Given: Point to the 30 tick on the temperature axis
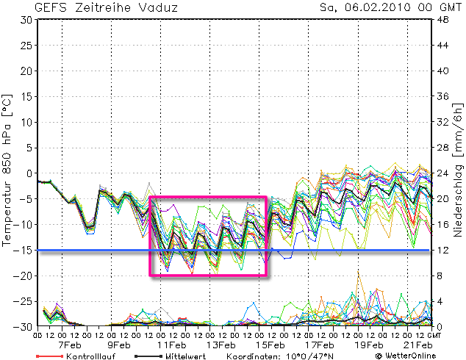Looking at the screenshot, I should tap(26, 20).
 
